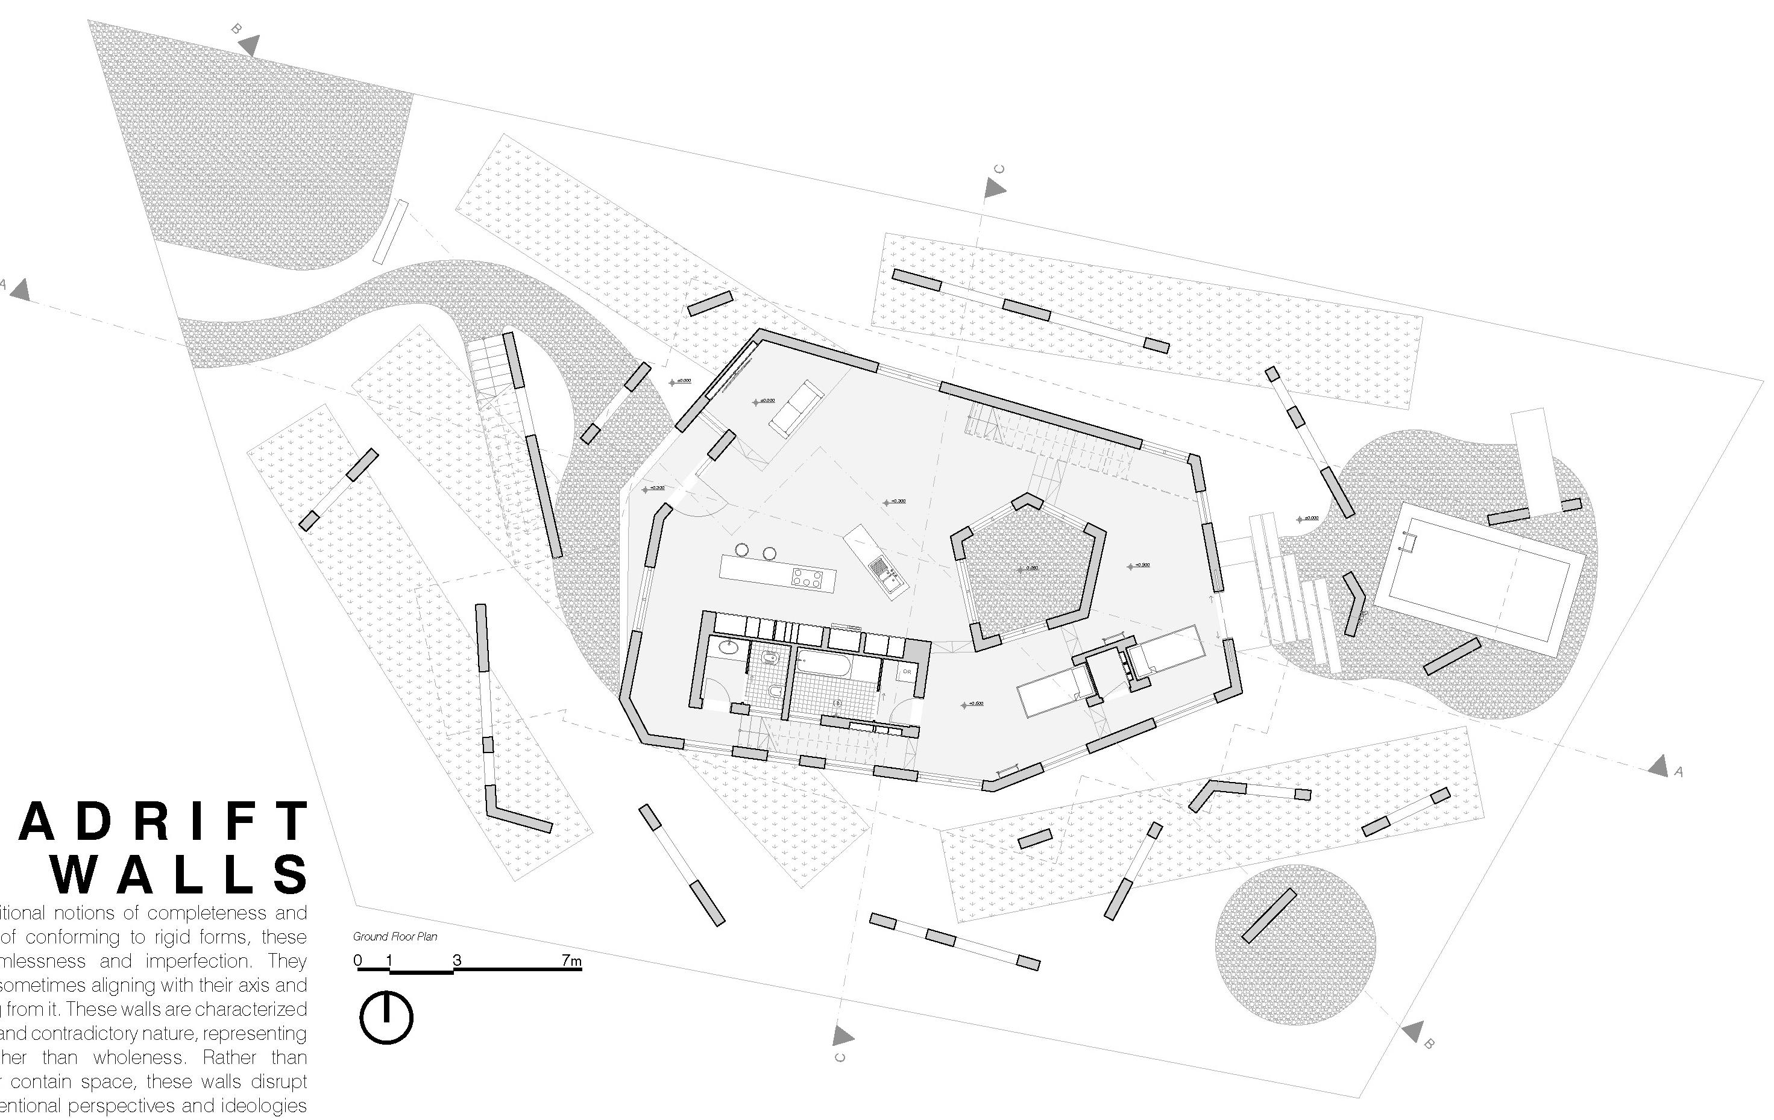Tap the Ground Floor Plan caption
(x=395, y=937)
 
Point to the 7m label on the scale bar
(x=571, y=960)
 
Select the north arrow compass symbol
(x=386, y=1018)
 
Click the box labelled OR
(x=907, y=672)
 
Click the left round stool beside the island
(x=742, y=549)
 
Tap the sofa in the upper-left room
(x=796, y=408)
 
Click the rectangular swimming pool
(x=1479, y=580)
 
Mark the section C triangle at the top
(x=995, y=189)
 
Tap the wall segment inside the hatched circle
(x=1269, y=915)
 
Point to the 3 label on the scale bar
(x=457, y=960)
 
